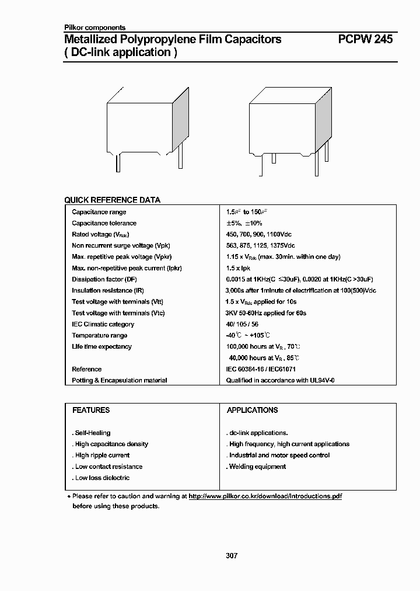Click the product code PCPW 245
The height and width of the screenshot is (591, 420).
[365, 39]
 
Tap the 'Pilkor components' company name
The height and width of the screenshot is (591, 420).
[94, 27]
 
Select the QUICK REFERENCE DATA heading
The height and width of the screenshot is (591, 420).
[112, 200]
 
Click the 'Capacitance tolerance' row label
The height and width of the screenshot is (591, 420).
[104, 223]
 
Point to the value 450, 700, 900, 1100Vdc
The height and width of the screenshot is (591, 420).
[260, 234]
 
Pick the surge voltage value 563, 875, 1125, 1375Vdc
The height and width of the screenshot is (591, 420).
[260, 245]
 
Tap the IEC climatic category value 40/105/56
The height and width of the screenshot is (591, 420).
[242, 324]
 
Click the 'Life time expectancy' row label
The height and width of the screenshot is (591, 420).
[101, 346]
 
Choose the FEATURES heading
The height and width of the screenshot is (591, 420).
[90, 410]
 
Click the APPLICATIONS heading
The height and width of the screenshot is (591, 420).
[252, 410]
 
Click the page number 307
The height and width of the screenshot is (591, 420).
[232, 555]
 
